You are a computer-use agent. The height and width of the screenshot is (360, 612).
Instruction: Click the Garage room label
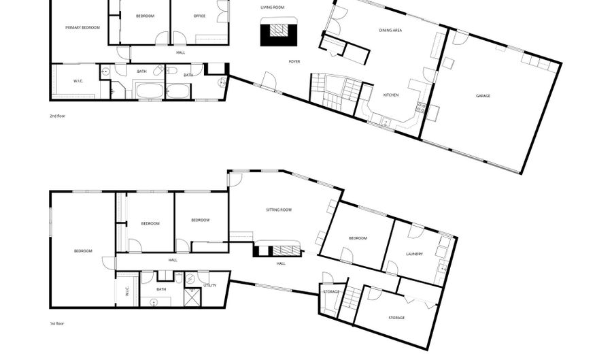click(483, 96)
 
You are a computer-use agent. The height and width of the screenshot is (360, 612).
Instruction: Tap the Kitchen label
click(391, 95)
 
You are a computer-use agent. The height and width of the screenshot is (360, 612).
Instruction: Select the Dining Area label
click(390, 30)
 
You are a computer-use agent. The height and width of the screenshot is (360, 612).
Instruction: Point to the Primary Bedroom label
click(82, 28)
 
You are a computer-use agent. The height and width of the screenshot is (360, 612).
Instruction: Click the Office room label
click(199, 16)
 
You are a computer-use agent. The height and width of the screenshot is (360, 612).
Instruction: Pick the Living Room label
click(273, 7)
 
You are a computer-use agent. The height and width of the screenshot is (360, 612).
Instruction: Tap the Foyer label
click(294, 62)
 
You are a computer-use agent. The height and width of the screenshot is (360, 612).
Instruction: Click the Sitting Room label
click(279, 210)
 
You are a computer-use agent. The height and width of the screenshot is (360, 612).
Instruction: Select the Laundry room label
click(414, 255)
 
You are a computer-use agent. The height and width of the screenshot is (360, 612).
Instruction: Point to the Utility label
click(209, 285)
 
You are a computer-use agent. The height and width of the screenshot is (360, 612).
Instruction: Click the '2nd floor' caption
click(57, 116)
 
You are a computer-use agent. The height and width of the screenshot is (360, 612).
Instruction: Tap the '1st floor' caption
click(56, 324)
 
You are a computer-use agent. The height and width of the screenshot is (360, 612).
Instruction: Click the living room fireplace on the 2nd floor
click(279, 31)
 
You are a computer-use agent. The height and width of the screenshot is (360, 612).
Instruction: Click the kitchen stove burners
click(421, 107)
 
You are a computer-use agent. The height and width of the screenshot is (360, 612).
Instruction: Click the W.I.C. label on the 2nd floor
click(78, 81)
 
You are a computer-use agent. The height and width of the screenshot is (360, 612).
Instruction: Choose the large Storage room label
click(396, 318)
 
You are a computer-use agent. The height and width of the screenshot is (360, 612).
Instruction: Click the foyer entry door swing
click(269, 80)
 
